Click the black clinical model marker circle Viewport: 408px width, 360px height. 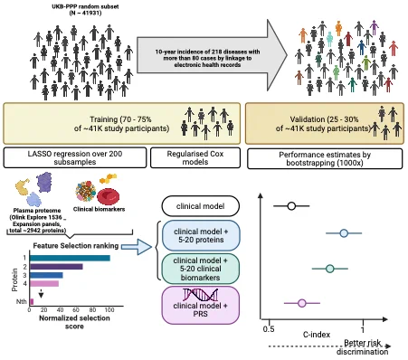tap(291, 206)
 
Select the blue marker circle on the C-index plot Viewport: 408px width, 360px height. tap(344, 233)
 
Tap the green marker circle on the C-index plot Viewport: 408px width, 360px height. tap(330, 269)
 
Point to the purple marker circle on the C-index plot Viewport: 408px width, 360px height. tap(302, 303)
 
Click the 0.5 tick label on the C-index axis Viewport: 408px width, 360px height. tap(269, 329)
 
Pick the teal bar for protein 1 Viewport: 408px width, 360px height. tap(70, 258)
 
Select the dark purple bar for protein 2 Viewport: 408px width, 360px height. tap(56, 267)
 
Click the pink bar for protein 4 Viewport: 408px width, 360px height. tap(44, 283)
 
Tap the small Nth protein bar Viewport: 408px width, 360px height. tap(32, 301)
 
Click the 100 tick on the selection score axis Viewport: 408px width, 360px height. tap(109, 310)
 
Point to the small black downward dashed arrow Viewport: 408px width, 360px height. tap(41, 294)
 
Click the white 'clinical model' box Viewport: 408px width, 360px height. tap(201, 206)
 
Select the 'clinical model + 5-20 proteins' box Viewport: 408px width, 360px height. tap(201, 235)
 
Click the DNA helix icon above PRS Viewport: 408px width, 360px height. tap(201, 295)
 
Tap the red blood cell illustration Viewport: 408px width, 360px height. tap(109, 196)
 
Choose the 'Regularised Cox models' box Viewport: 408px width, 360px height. tap(195, 157)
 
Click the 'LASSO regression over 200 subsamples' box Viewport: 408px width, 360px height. tap(75, 157)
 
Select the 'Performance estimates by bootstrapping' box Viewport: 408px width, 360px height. tap(325, 158)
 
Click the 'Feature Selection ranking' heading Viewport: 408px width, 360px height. tap(76, 246)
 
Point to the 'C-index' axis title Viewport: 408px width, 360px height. tap(317, 335)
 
